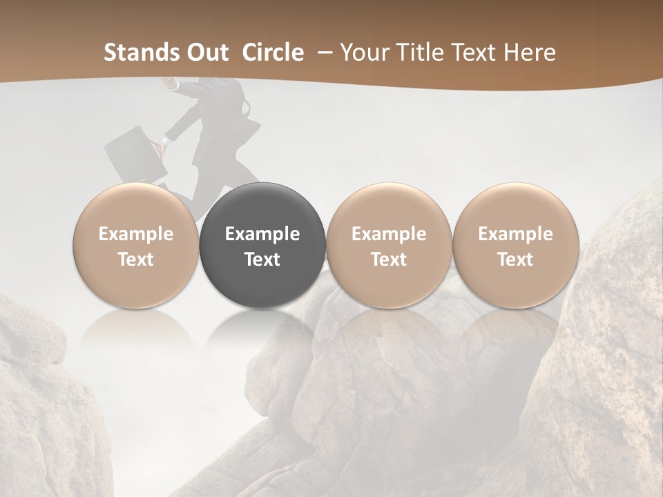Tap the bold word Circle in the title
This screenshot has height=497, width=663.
point(273,52)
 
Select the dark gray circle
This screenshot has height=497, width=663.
point(262,246)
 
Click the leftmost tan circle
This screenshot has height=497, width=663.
point(136,246)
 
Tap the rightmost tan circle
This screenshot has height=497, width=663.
point(515,246)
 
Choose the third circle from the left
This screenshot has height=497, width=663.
point(389,246)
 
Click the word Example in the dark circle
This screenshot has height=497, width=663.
point(262,234)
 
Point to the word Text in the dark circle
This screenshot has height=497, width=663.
point(262,260)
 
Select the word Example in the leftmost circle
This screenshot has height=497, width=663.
point(136,234)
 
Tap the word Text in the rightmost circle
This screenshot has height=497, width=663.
point(515,260)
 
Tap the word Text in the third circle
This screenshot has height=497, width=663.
point(389,260)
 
